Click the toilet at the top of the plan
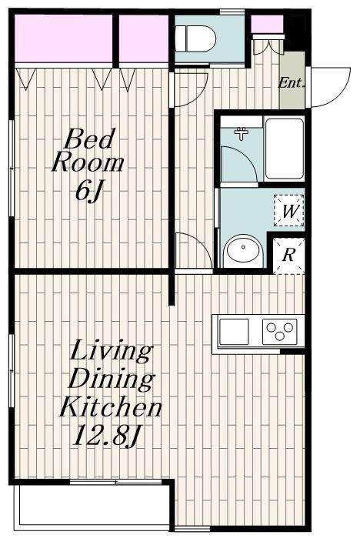[x=195, y=38]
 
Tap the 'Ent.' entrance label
[x=292, y=82]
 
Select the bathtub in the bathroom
[x=285, y=149]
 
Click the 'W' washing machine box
[x=288, y=211]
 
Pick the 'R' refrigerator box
[x=288, y=256]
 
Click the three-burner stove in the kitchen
[x=280, y=331]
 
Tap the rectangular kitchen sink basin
[x=234, y=332]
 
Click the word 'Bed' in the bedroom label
[x=90, y=139]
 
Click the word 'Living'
[x=112, y=353]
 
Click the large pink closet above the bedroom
[x=64, y=38]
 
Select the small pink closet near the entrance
[x=267, y=25]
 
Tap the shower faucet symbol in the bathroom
[x=241, y=132]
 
